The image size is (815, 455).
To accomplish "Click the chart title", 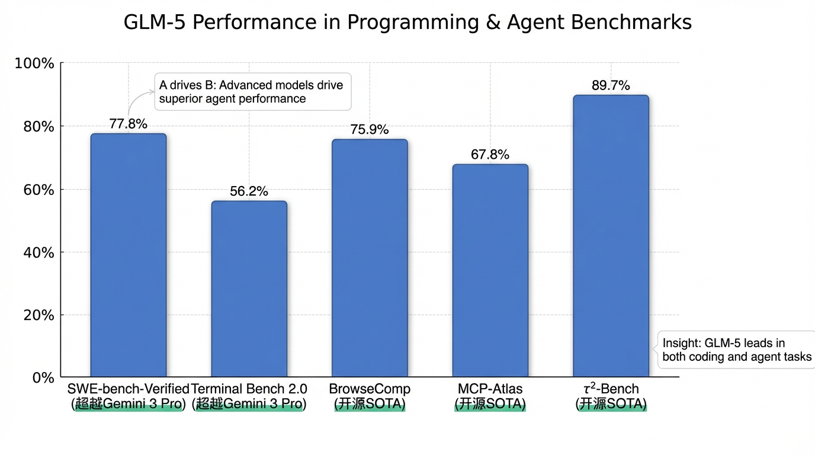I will pyautogui.click(x=407, y=23).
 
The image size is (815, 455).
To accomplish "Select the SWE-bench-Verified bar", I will pyautogui.click(x=129, y=255).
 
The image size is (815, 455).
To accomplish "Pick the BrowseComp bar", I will pyautogui.click(x=370, y=258).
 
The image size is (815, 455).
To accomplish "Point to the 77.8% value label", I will pyautogui.click(x=129, y=124).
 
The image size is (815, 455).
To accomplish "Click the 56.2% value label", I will pyautogui.click(x=249, y=191).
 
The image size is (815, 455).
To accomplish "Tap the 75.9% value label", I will pyautogui.click(x=370, y=130).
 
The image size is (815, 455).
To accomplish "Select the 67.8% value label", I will pyautogui.click(x=490, y=155).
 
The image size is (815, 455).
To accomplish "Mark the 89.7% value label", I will pyautogui.click(x=611, y=85).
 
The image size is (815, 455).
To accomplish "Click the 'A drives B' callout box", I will pyautogui.click(x=252, y=92).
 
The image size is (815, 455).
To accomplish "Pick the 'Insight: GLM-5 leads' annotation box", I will pyautogui.click(x=736, y=350).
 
